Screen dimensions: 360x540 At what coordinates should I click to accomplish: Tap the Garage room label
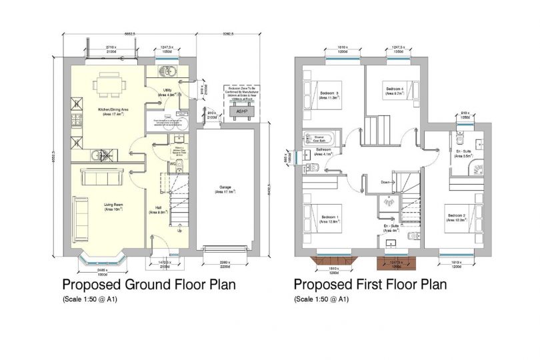click(x=225, y=189)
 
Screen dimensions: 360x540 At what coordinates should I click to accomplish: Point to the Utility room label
click(x=166, y=93)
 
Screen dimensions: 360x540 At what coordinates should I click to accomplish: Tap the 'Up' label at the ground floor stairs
click(x=179, y=231)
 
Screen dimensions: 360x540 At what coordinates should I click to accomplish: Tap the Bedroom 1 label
click(x=330, y=219)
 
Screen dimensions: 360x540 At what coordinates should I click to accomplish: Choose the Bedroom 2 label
click(x=456, y=217)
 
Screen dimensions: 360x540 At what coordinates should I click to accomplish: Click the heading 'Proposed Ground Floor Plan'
click(x=148, y=285)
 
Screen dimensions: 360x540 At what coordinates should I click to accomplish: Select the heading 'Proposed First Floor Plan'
click(x=370, y=285)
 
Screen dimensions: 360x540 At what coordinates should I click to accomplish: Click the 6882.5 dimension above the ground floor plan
click(x=129, y=33)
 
